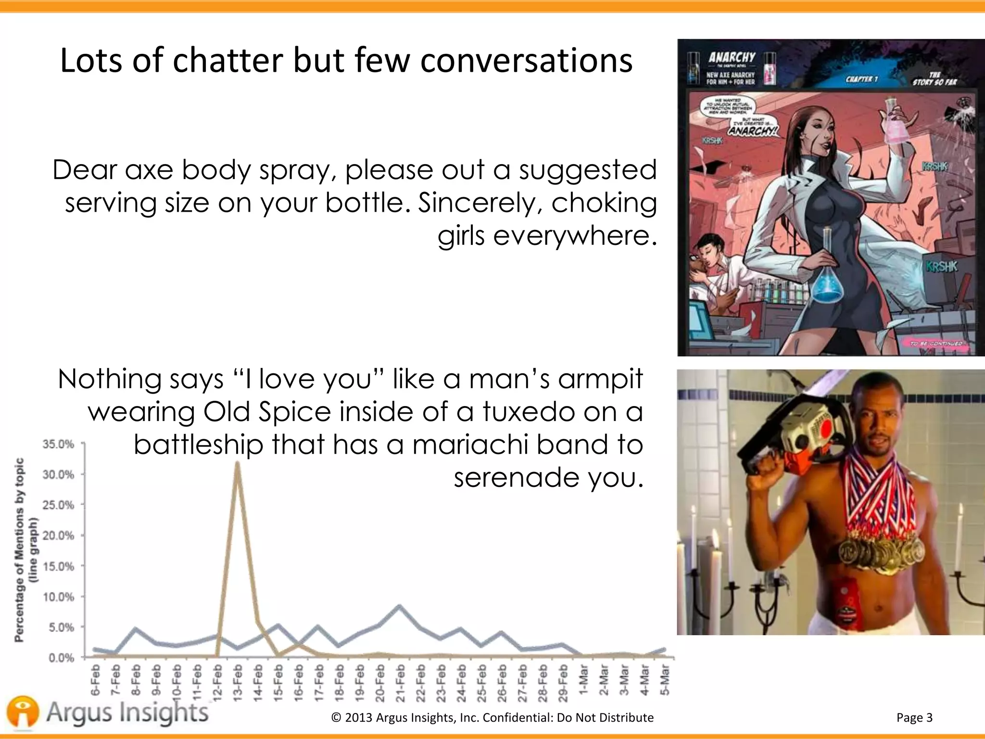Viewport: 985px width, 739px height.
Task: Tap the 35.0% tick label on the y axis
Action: [58, 444]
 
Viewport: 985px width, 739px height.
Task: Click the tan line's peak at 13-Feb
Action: [237, 463]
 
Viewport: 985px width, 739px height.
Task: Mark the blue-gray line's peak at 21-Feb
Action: [400, 606]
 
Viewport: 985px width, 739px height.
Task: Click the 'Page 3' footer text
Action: [914, 718]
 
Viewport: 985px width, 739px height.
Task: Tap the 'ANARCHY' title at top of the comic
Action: [732, 58]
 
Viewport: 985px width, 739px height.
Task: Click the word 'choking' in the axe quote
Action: [604, 203]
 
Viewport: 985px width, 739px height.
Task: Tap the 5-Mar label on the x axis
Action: [665, 680]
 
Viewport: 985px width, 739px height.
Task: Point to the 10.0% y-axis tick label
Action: [58, 597]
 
